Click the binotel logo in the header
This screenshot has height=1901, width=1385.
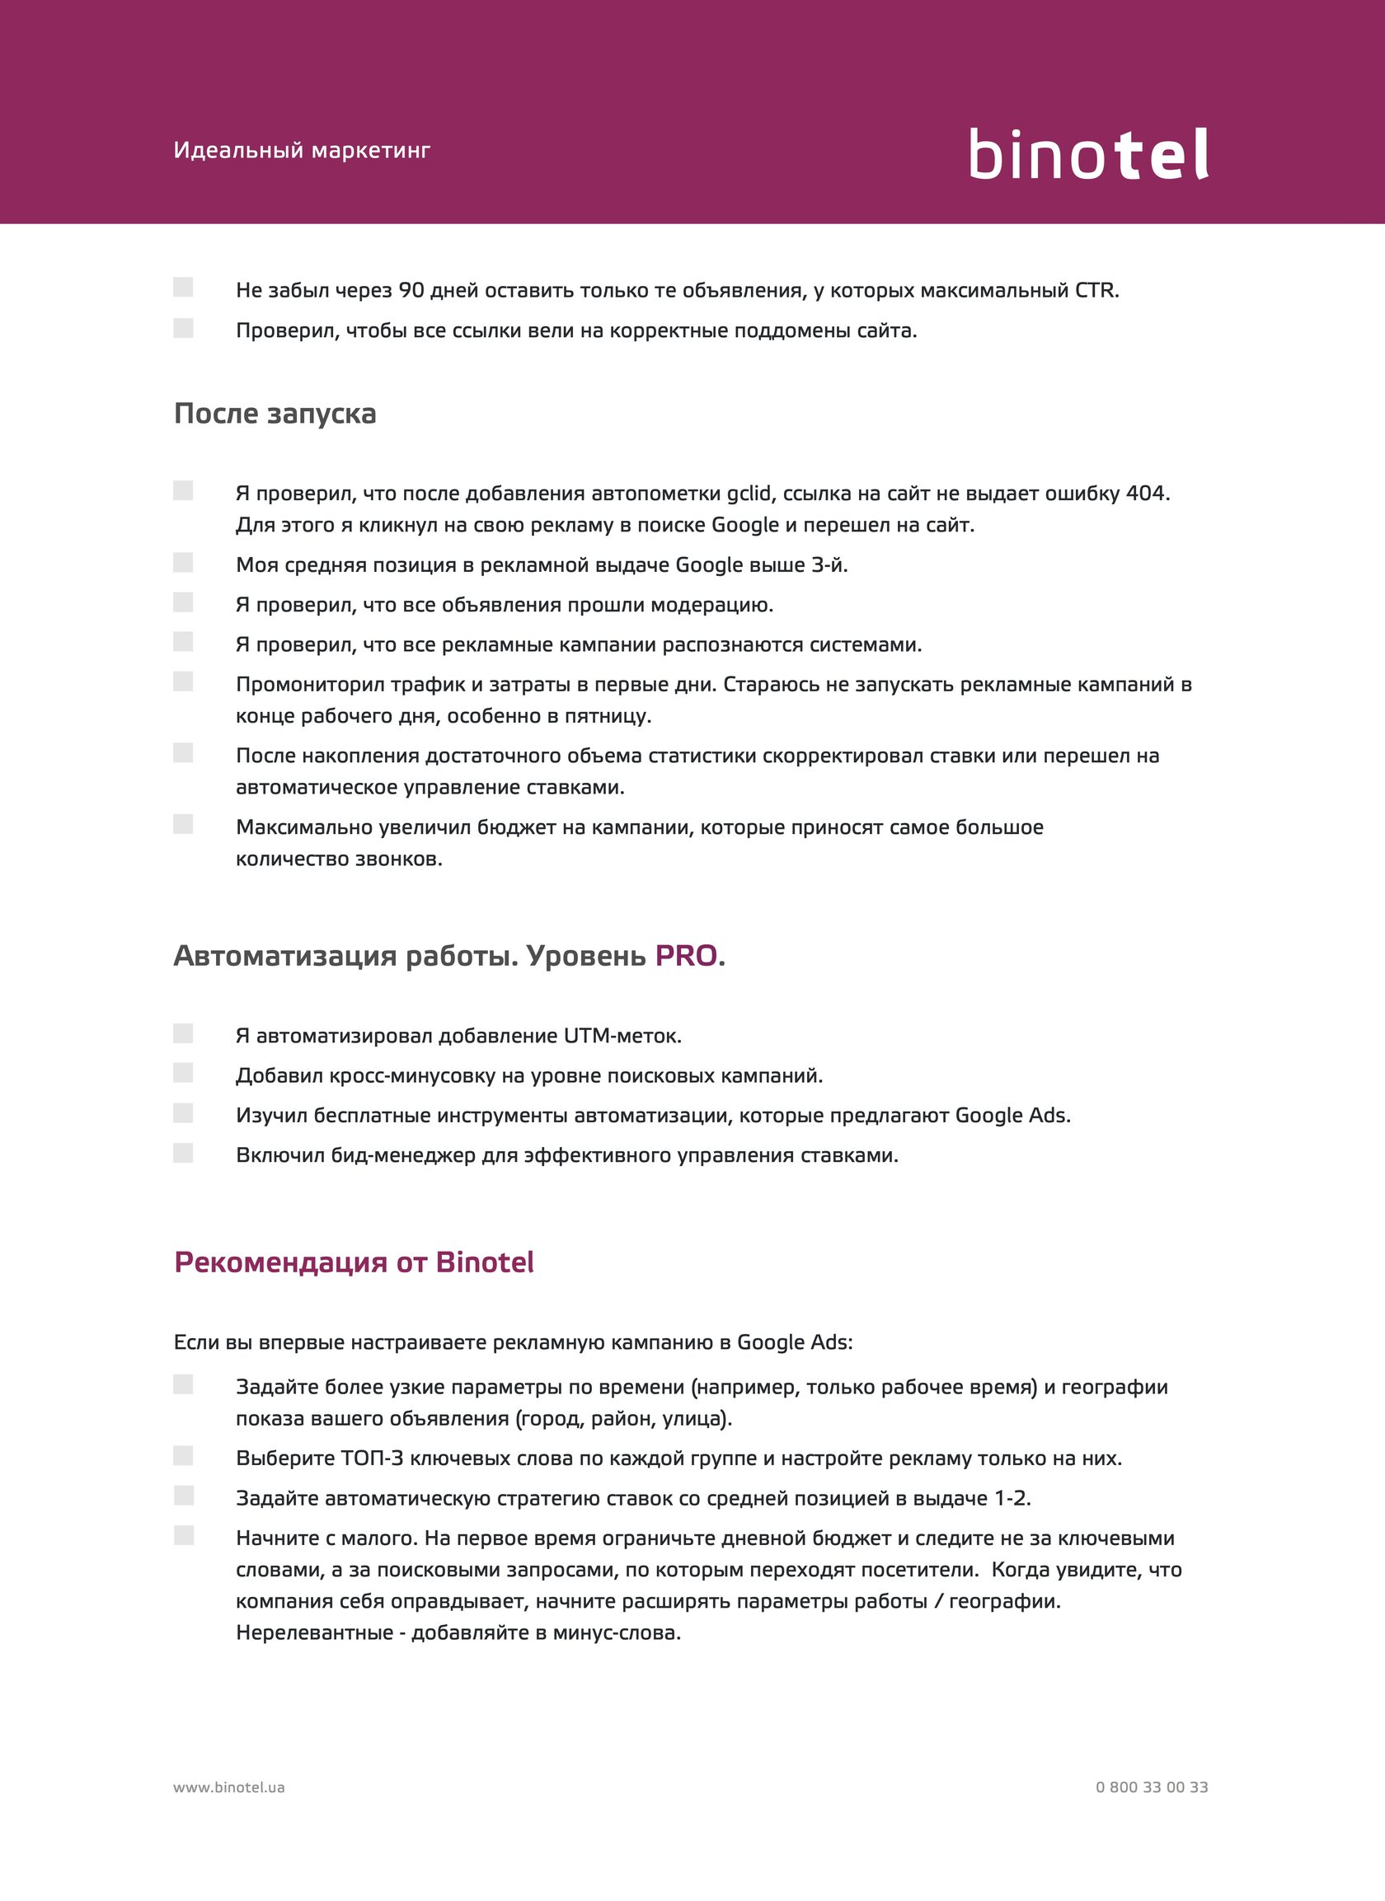1088,153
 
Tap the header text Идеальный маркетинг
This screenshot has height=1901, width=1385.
302,151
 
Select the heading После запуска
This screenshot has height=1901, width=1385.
275,414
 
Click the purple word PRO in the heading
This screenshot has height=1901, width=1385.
686,956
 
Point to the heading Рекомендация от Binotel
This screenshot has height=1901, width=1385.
354,1262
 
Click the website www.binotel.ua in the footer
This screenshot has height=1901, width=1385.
229,1787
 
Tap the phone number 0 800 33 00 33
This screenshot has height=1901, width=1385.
1151,1787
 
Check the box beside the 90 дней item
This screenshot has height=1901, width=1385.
184,288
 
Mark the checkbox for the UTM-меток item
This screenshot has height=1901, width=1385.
184,1033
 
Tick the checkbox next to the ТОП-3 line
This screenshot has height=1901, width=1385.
184,1456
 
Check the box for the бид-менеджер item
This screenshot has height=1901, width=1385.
184,1154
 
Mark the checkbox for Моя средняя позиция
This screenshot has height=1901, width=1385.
184,563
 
